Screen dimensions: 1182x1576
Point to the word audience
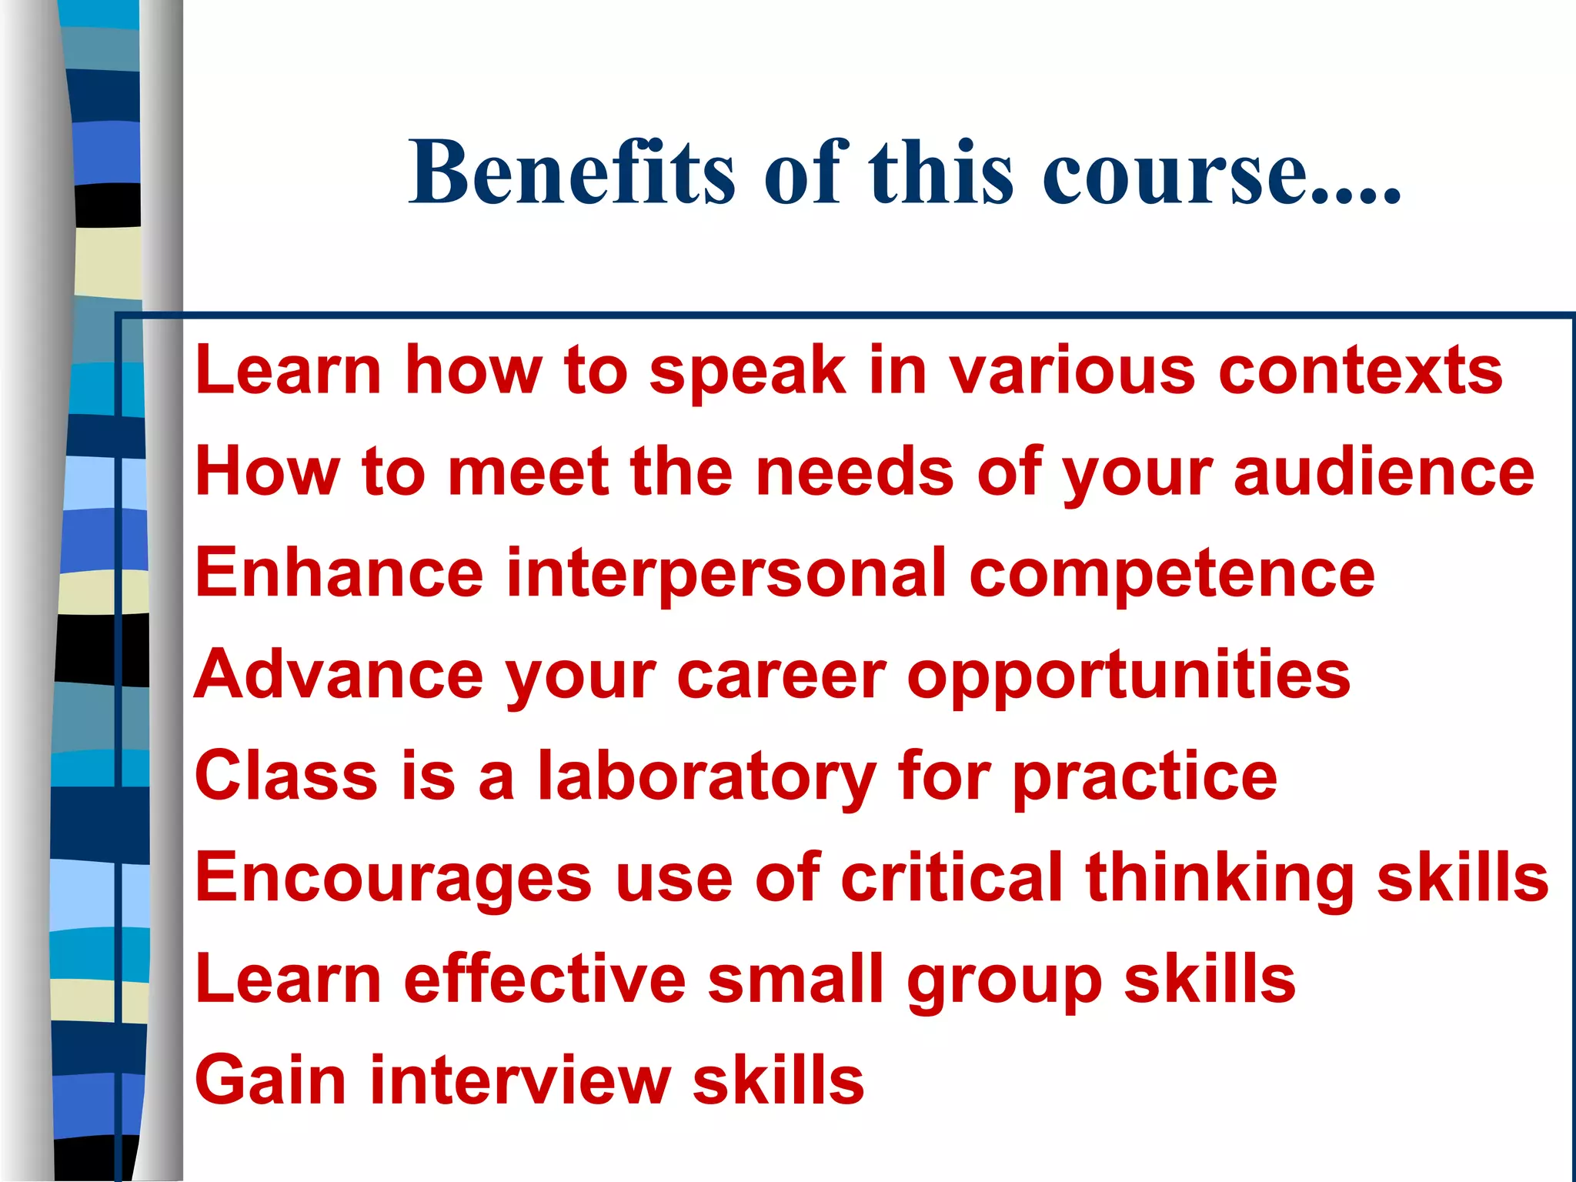click(x=1384, y=472)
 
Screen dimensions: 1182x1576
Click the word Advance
click(x=339, y=674)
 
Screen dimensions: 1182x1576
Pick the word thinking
click(x=1220, y=879)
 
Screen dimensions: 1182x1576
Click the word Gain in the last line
click(x=270, y=1080)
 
